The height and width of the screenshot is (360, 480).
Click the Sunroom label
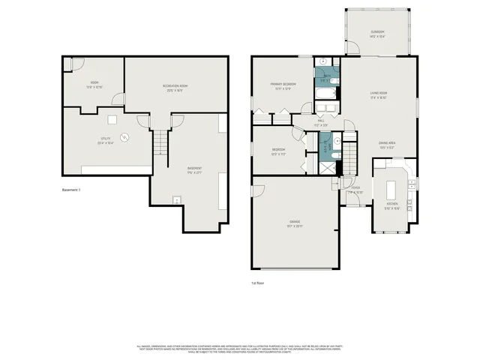[x=376, y=34]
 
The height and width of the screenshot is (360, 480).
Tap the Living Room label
[x=378, y=94]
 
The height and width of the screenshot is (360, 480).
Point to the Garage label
[x=294, y=223]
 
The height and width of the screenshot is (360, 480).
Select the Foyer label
[x=355, y=189]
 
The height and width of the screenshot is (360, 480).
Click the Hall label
[x=320, y=121]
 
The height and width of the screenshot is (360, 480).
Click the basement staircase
[x=160, y=141]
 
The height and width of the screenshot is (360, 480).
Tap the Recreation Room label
[x=175, y=88]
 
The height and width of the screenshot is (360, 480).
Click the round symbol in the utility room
[x=126, y=136]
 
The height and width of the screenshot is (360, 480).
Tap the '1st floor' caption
[x=258, y=283]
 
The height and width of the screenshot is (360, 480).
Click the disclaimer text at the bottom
[x=240, y=349]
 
